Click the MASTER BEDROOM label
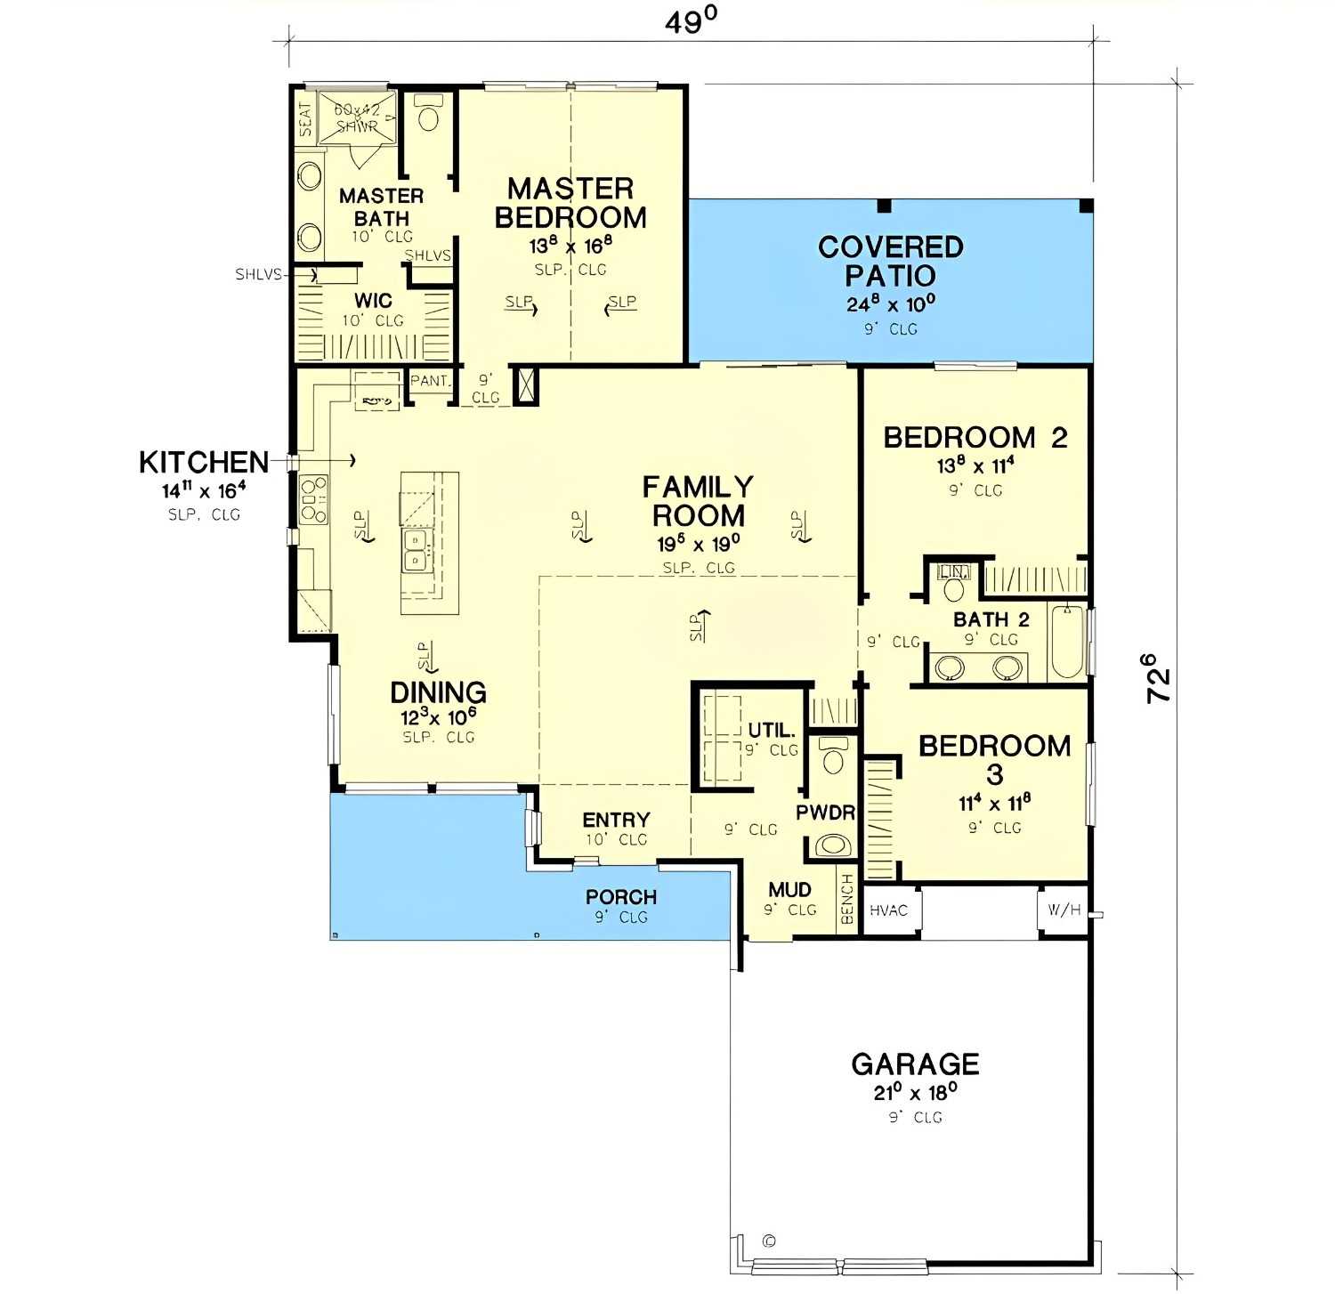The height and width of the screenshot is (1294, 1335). [x=570, y=203]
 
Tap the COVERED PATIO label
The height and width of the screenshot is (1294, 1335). [x=890, y=261]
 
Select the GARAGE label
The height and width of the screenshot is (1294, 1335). [x=915, y=1064]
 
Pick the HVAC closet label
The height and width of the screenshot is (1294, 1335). [x=888, y=910]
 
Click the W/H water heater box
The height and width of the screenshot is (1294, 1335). [x=1064, y=910]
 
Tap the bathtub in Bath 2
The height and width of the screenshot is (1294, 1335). [x=1066, y=642]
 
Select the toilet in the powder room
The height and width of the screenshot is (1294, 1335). [x=834, y=757]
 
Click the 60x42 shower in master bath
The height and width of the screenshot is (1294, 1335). [x=357, y=117]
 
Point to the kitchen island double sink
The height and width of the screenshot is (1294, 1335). [x=416, y=551]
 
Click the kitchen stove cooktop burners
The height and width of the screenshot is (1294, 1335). [x=313, y=499]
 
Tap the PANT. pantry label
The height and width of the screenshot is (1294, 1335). [x=430, y=381]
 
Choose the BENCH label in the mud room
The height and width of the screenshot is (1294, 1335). [x=847, y=899]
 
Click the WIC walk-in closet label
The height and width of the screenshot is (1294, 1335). [x=373, y=301]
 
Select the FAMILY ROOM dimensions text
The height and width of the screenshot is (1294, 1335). [x=698, y=544]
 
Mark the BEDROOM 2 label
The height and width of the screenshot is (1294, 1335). [x=975, y=438]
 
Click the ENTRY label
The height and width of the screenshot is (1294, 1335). [x=616, y=820]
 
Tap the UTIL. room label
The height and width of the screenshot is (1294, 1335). [x=771, y=731]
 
